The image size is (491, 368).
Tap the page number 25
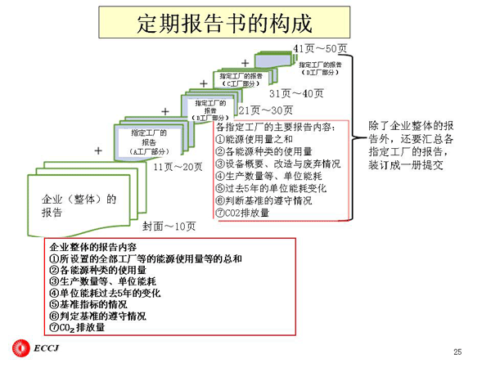pos(457,352)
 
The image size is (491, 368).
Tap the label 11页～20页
pos(178,167)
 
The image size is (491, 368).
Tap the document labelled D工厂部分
pos(319,68)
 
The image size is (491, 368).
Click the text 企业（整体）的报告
pos(79,205)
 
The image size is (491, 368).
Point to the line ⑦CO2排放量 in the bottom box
pos(78,327)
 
